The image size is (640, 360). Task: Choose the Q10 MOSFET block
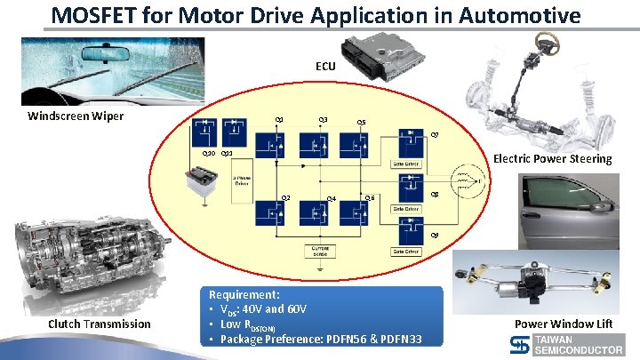(208, 132)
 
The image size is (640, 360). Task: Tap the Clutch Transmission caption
(100, 324)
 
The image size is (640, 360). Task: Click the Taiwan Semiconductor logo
(579, 346)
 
